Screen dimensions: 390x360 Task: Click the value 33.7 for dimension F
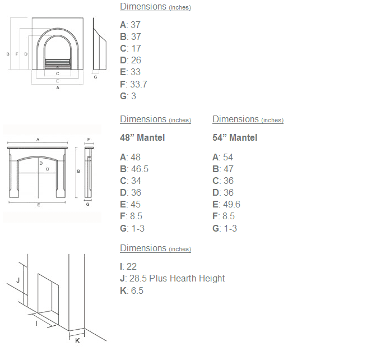(138, 84)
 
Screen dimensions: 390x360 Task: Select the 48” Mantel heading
(142, 138)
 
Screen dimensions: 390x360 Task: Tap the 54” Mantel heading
(235, 138)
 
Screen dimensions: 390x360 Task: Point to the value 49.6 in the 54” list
(231, 205)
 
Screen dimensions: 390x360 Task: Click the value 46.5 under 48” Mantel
(140, 169)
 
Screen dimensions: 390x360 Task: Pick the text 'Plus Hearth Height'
(187, 278)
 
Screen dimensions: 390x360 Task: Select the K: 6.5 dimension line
(132, 290)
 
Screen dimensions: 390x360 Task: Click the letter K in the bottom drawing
(77, 341)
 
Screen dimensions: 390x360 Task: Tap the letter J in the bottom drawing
(18, 280)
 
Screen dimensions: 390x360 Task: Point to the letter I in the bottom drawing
(36, 324)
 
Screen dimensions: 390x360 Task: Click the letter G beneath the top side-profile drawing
(95, 77)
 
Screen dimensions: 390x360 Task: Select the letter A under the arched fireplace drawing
(58, 87)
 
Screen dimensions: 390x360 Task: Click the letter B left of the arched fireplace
(8, 54)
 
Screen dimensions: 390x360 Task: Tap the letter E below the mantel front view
(39, 205)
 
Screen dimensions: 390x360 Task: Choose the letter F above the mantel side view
(89, 140)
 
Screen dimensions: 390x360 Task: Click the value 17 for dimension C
(136, 48)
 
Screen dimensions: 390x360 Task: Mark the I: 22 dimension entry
(128, 267)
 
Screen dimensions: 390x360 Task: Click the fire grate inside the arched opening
(58, 64)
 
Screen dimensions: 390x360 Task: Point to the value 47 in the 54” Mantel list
(228, 169)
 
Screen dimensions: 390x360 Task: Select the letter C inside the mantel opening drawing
(48, 169)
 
